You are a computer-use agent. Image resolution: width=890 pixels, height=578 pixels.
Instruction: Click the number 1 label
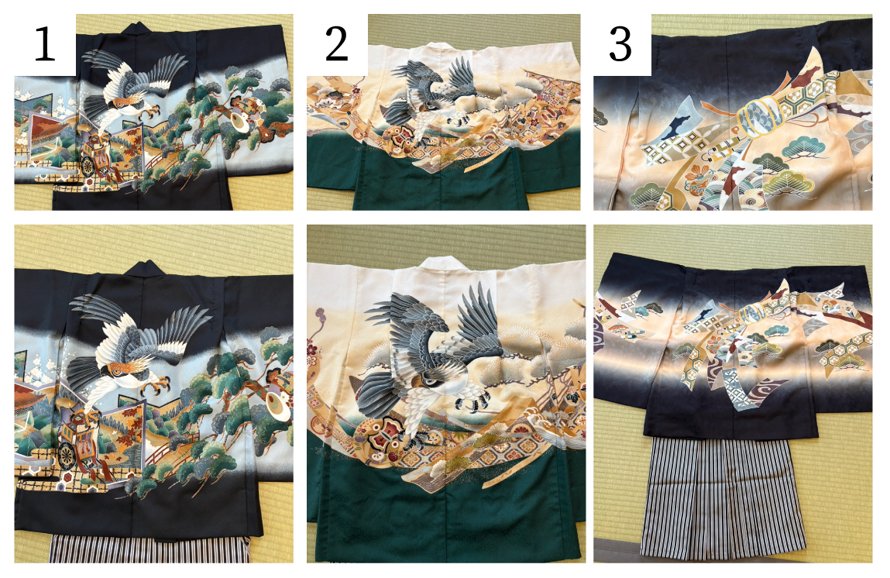click(44, 44)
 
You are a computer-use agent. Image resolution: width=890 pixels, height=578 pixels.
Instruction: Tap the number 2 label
click(336, 43)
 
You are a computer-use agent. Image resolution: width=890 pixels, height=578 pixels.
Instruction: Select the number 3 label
click(620, 44)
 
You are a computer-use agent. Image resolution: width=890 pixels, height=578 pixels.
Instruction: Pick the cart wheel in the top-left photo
click(88, 166)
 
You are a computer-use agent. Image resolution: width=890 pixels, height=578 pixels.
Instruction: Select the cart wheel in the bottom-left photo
click(67, 456)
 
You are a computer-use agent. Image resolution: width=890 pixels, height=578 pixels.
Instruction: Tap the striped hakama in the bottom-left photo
click(149, 549)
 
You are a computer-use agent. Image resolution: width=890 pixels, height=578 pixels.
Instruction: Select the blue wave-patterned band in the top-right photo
click(758, 117)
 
